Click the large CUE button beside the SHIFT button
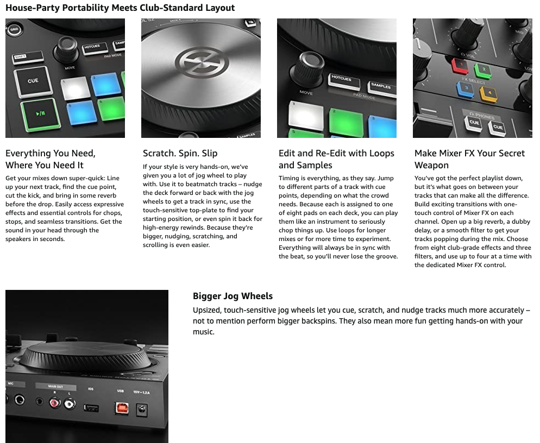[33, 81]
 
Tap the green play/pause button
[41, 114]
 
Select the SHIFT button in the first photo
[28, 57]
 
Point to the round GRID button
[14, 30]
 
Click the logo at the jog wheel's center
[202, 62]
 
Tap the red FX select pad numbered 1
[461, 66]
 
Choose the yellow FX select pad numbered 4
[489, 93]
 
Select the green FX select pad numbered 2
[483, 70]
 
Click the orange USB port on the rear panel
[122, 408]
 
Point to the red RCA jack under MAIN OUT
[55, 402]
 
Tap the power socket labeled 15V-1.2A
[142, 410]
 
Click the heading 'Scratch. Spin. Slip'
[180, 153]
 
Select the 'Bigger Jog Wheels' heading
[233, 296]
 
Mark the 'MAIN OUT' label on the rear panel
[55, 387]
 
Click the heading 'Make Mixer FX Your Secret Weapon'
[469, 159]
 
